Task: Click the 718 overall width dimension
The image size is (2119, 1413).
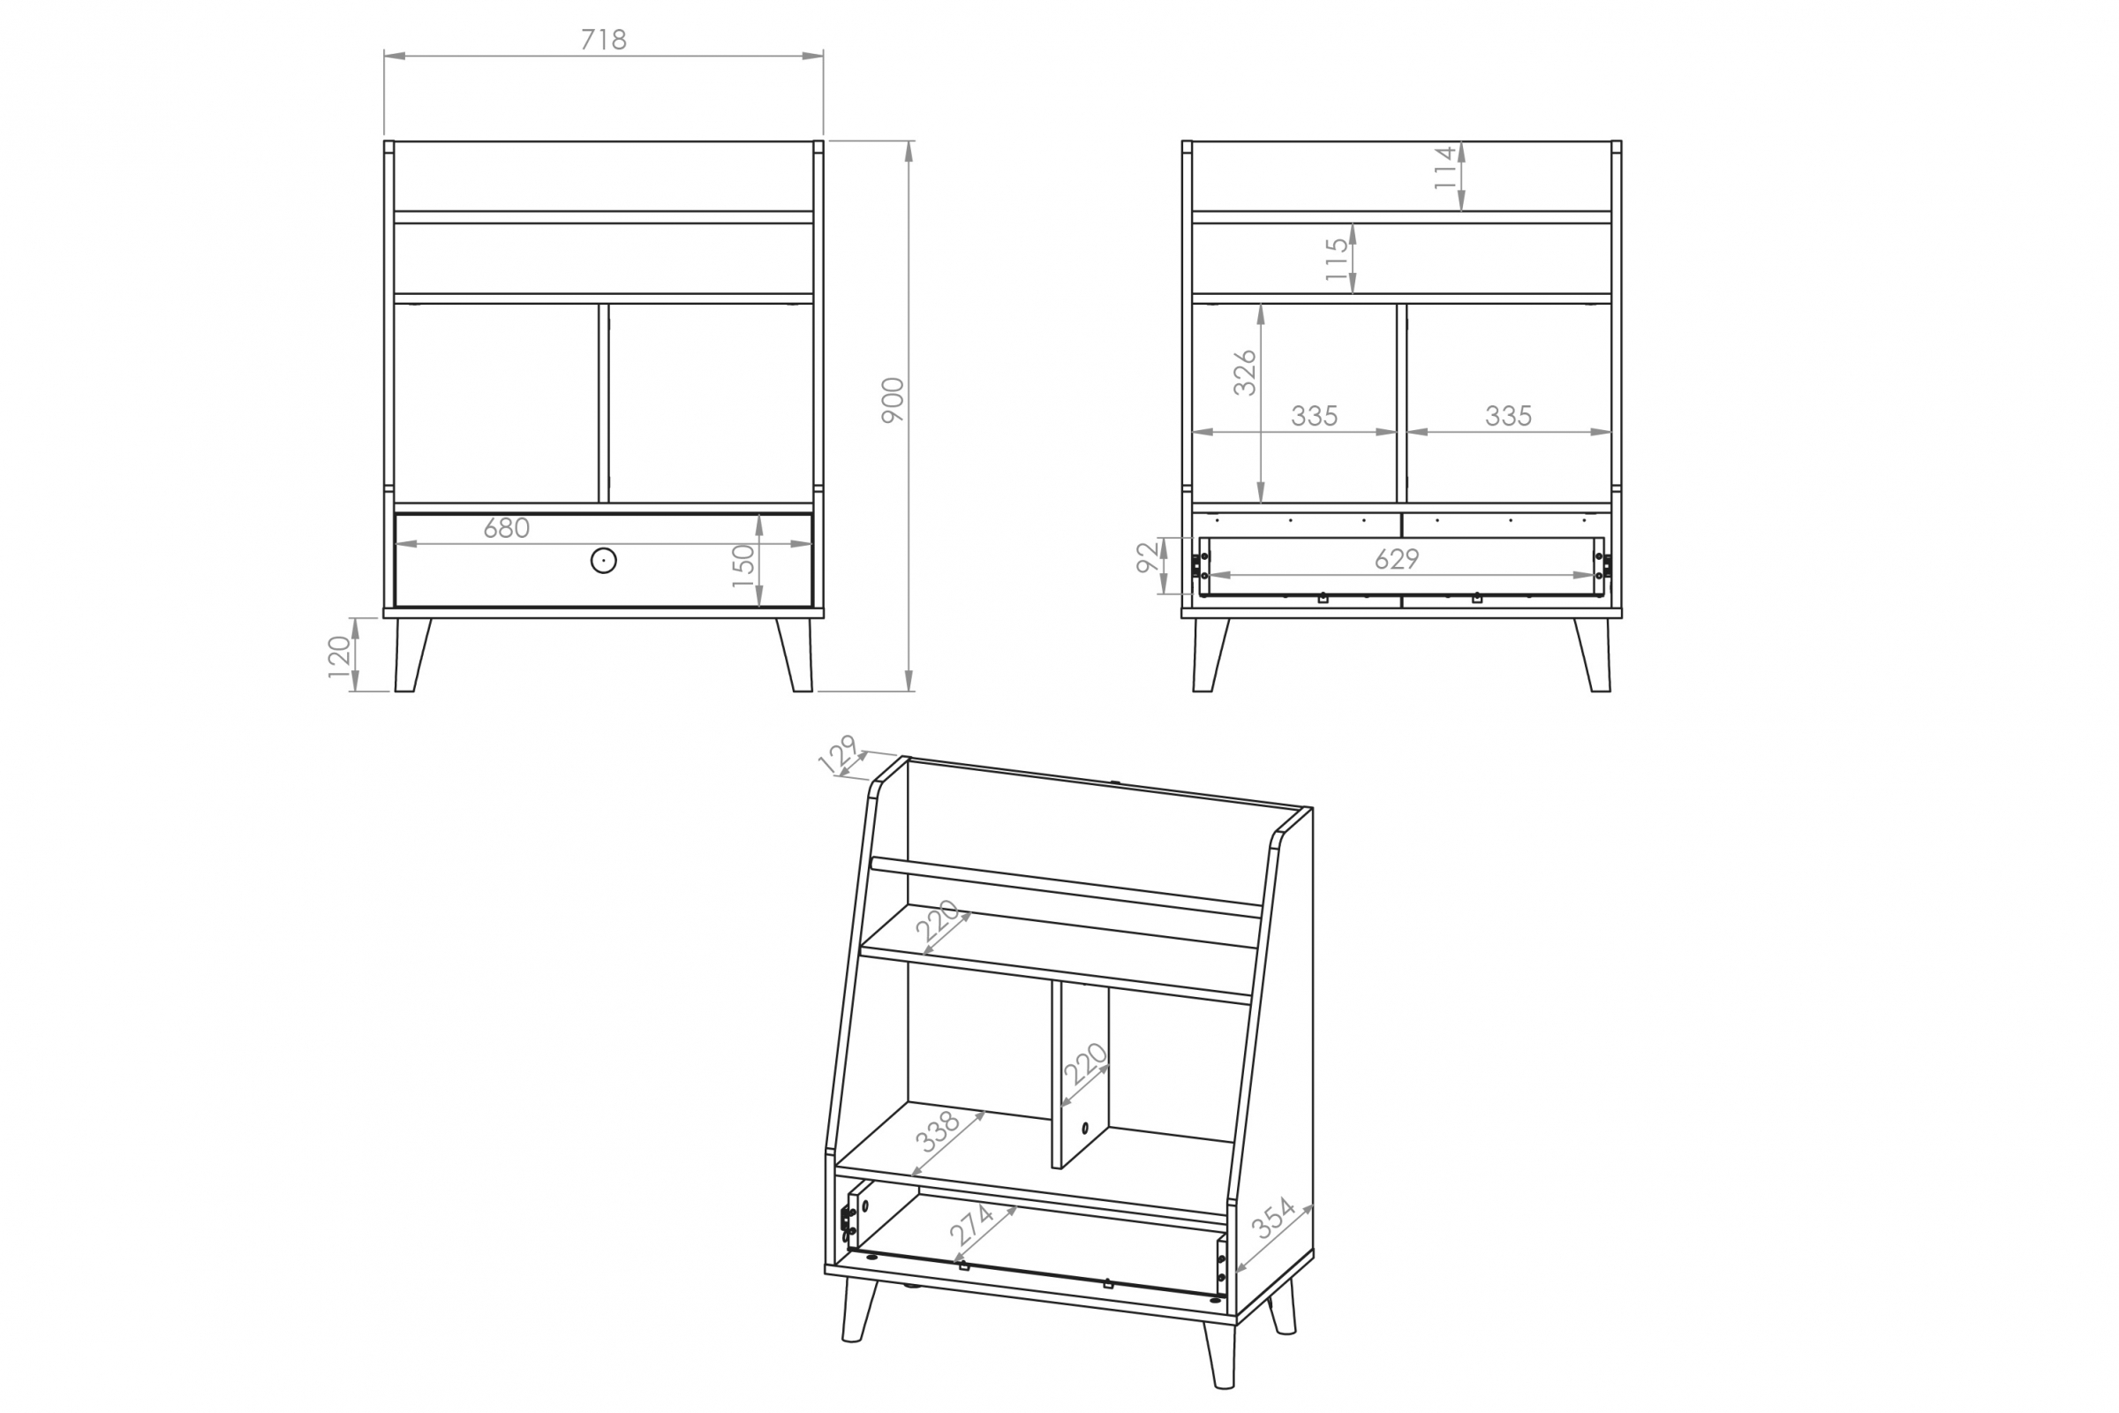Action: point(603,40)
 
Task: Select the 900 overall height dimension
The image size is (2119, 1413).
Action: point(892,400)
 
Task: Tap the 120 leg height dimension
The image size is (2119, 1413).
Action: point(339,656)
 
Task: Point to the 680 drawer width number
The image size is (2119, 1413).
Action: point(506,528)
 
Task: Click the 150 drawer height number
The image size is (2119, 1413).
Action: point(743,565)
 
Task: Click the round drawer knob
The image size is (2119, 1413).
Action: point(604,561)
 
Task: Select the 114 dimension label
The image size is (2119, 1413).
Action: point(1444,168)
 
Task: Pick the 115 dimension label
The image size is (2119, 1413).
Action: point(1337,260)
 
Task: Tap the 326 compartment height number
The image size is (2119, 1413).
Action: point(1244,372)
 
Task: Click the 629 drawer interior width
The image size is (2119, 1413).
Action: point(1397,560)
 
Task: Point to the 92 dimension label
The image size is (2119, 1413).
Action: point(1148,557)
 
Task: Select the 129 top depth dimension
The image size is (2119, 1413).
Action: point(838,753)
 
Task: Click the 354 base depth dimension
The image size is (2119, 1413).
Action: point(1273,1219)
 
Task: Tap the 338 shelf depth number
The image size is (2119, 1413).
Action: point(937,1132)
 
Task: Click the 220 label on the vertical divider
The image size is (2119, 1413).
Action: point(1085,1064)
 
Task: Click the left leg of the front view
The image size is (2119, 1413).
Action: point(410,654)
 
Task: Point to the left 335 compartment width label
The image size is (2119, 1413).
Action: point(1314,416)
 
